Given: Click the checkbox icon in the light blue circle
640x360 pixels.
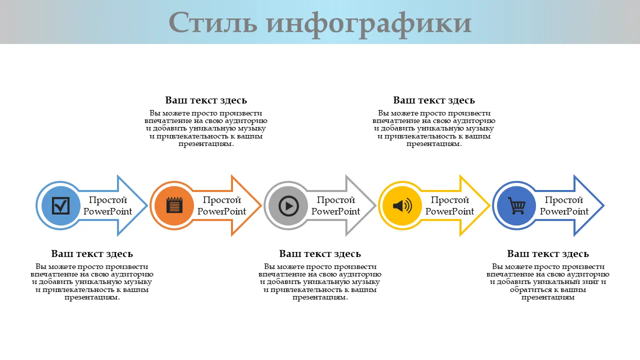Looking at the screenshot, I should tap(60, 205).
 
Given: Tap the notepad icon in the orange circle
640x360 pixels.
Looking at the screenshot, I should tap(174, 205).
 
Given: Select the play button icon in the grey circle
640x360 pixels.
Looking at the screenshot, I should tap(288, 205).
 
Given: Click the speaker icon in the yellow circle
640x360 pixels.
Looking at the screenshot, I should tap(402, 205).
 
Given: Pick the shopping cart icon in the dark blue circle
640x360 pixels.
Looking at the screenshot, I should tap(516, 205).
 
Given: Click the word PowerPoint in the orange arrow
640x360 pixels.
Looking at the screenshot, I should tap(221, 211).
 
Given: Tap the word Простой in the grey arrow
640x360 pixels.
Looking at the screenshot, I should tap(336, 200).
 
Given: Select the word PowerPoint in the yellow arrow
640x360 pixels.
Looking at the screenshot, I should tap(449, 211).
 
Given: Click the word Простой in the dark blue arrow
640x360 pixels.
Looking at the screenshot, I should tap(564, 200).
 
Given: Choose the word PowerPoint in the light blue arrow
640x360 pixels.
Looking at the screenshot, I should tap(107, 211).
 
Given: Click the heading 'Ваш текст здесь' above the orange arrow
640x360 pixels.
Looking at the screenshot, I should tap(206, 100).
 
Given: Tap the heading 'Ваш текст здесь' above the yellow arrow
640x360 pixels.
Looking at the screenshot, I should tap(434, 100).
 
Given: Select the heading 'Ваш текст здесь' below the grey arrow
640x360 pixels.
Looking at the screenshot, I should tap(320, 254).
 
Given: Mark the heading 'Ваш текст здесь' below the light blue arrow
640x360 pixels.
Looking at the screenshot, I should tap(92, 254).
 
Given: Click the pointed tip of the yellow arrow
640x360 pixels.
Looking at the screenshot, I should tap(488, 205).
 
